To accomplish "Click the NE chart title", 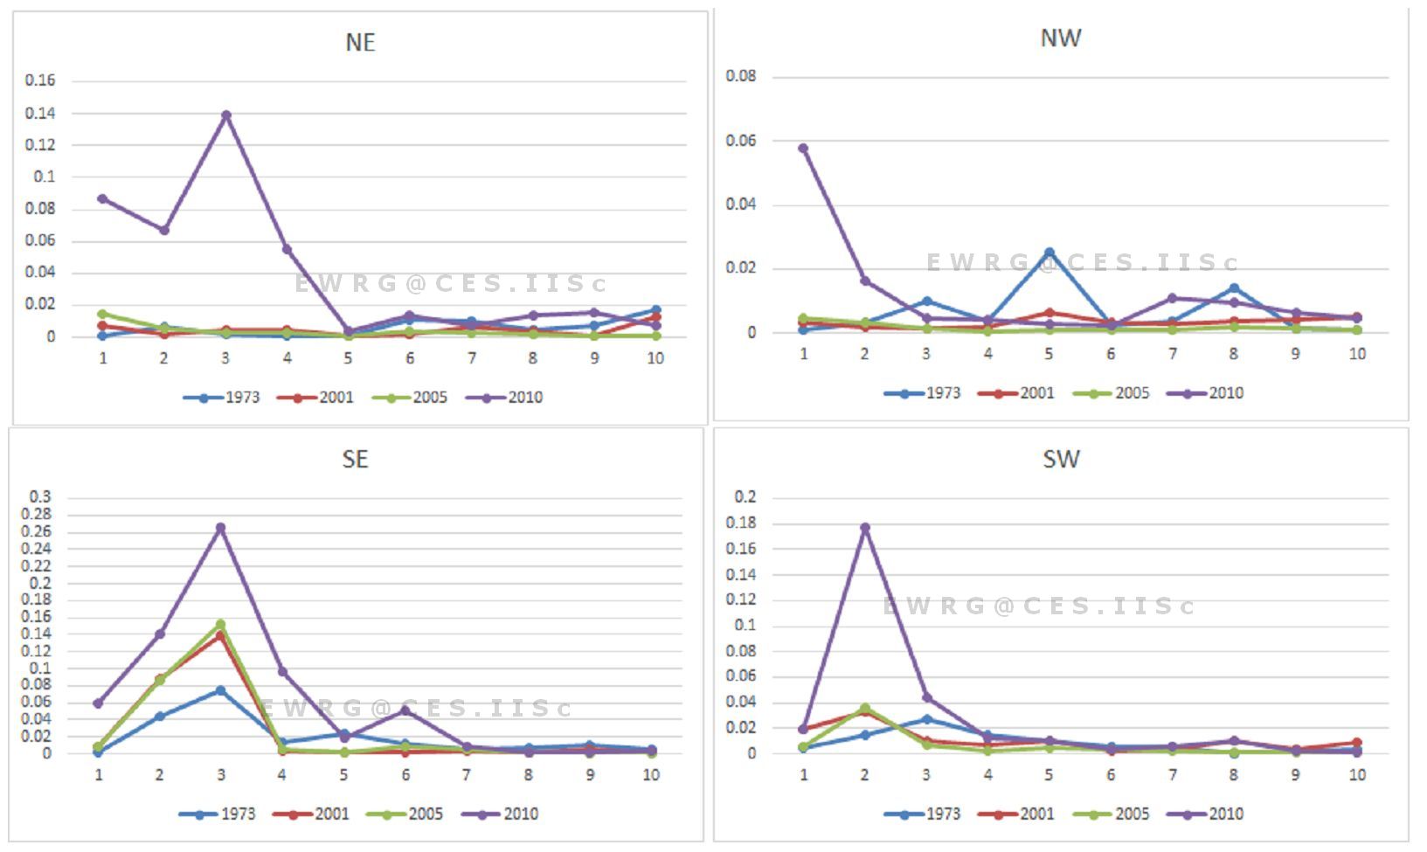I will [x=360, y=43].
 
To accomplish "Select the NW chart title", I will [x=1061, y=38].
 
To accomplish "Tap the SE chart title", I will [x=355, y=460].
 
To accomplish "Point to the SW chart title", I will [x=1061, y=460].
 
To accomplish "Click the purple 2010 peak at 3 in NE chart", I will [x=225, y=115].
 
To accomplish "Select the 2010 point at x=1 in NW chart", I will [x=803, y=149].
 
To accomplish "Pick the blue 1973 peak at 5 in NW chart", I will [x=1049, y=253].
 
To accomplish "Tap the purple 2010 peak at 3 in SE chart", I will [x=221, y=528].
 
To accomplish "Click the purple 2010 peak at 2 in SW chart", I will [x=865, y=528].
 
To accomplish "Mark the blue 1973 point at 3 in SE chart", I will [x=221, y=690].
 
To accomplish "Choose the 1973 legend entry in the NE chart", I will [x=222, y=398].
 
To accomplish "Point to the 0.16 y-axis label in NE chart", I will [x=40, y=80].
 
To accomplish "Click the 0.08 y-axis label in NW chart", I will [x=741, y=76].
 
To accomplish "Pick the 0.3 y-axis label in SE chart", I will [x=40, y=497].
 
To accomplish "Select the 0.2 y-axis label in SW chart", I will [x=745, y=497].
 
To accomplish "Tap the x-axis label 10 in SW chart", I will [x=1357, y=775].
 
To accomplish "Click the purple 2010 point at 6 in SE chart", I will [x=405, y=710].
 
